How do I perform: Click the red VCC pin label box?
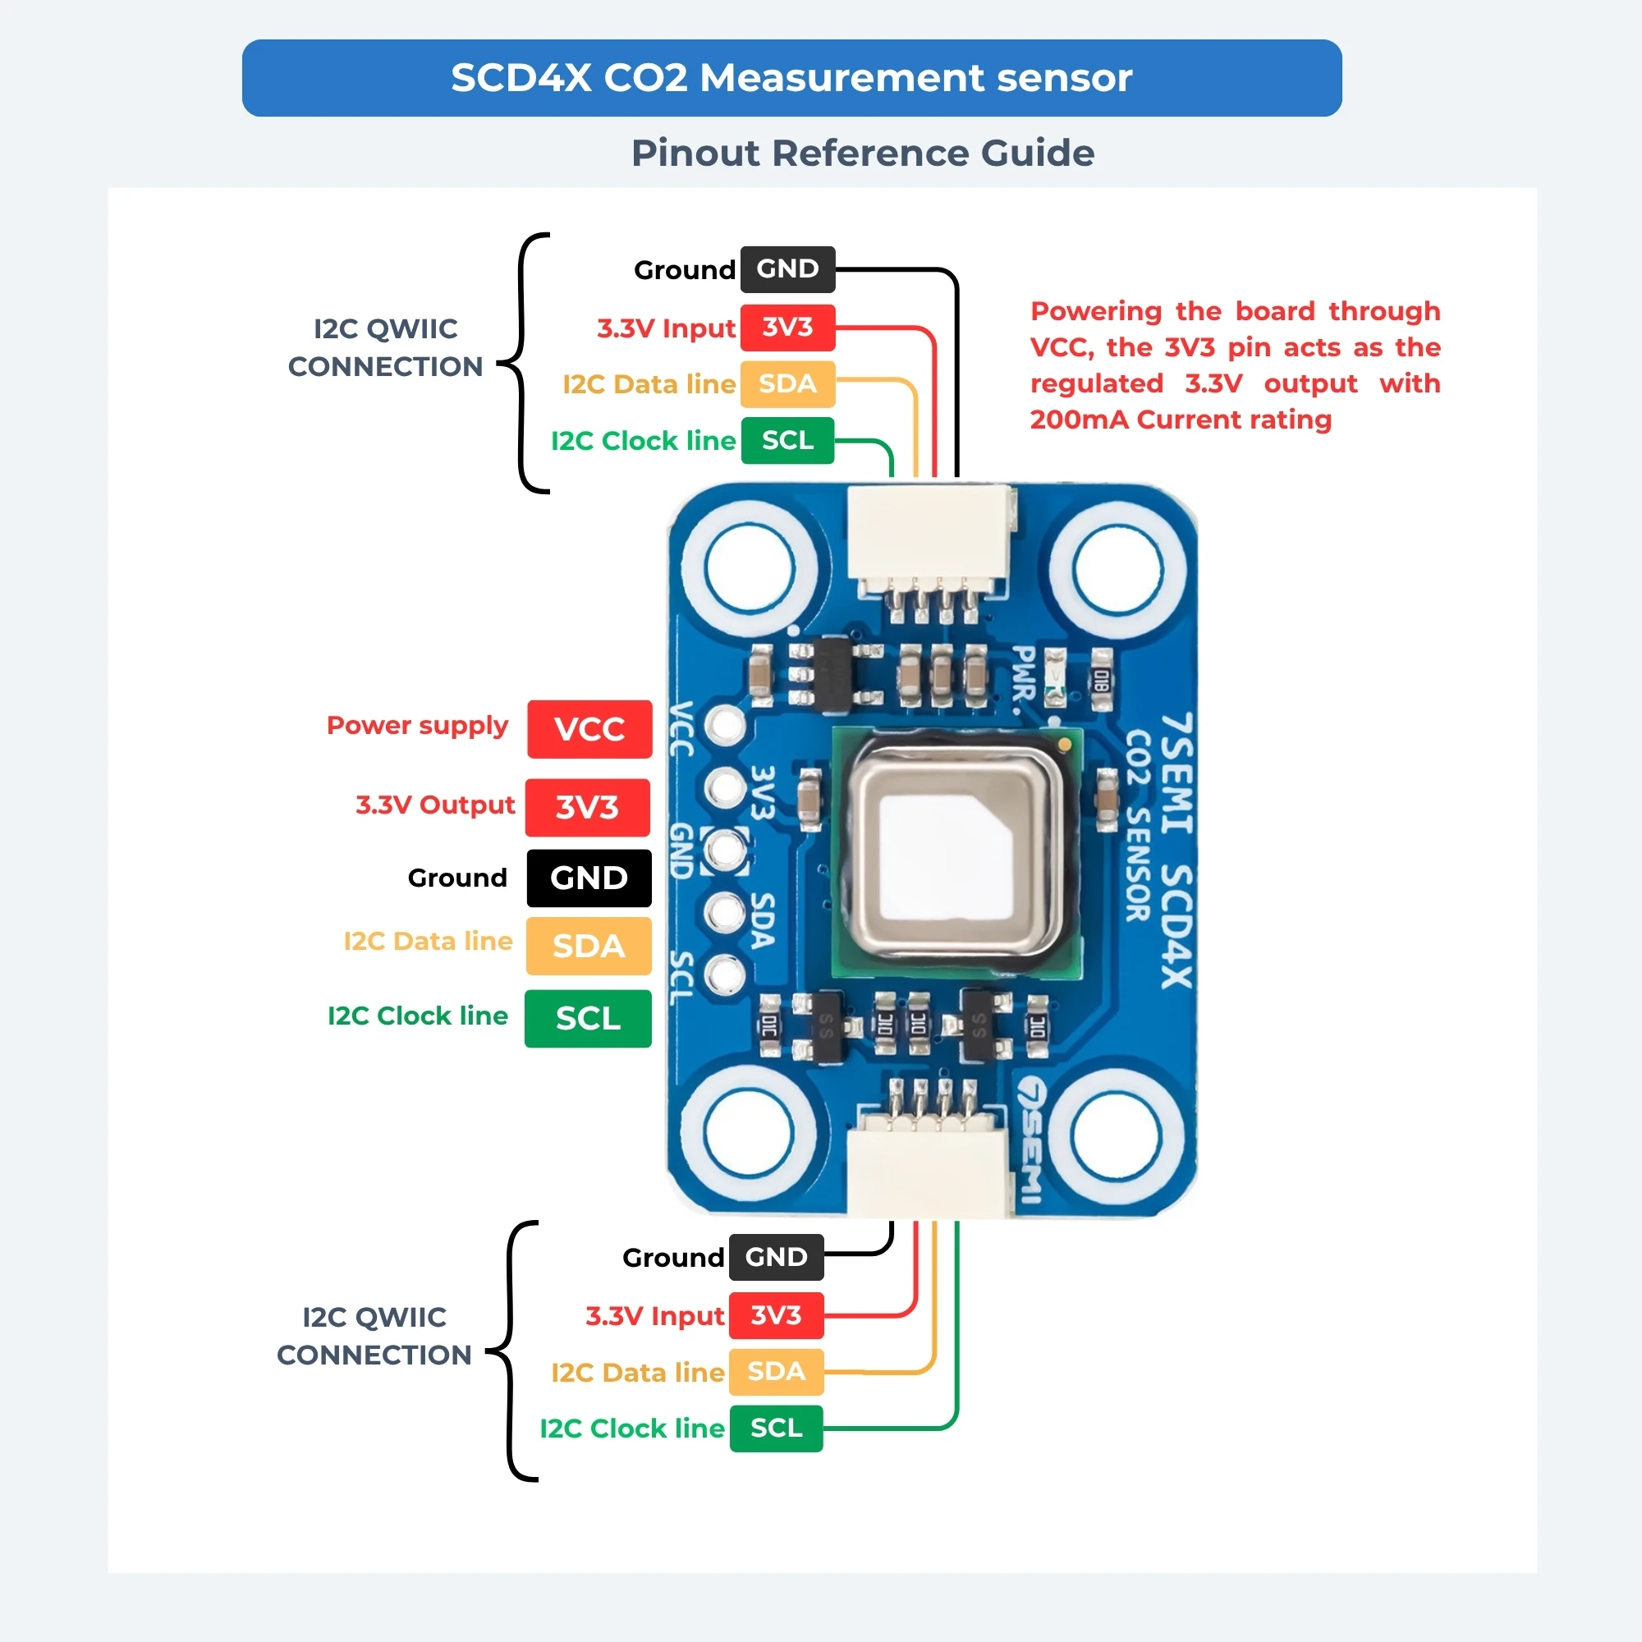click(x=589, y=728)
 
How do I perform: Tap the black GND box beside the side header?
click(x=589, y=878)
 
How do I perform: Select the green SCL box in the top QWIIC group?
click(x=787, y=440)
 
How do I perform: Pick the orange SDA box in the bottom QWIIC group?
click(x=776, y=1372)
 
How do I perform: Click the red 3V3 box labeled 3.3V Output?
click(x=587, y=807)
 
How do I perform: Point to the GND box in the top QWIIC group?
click(x=788, y=269)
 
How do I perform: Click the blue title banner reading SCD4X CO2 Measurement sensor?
click(x=791, y=77)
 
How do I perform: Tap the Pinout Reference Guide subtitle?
click(x=863, y=153)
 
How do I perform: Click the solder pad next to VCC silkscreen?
click(x=725, y=725)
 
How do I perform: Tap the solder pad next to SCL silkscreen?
click(x=725, y=975)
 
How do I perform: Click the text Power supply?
click(x=417, y=725)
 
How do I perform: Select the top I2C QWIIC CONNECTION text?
click(x=385, y=346)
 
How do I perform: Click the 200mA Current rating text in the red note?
click(x=1181, y=419)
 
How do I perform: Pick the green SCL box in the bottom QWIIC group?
click(x=776, y=1429)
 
